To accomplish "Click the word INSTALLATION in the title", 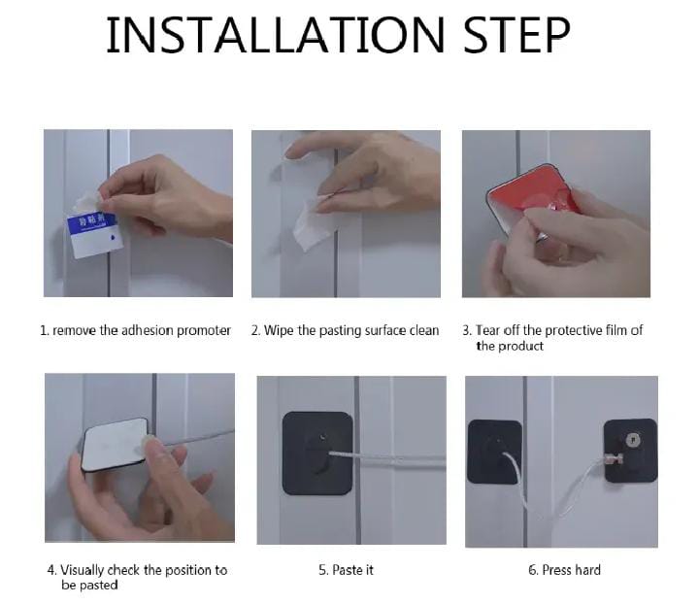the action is pyautogui.click(x=275, y=35).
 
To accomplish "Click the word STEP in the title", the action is pyautogui.click(x=516, y=35).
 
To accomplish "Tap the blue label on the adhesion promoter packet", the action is pyautogui.click(x=91, y=221).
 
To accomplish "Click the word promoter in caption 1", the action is pyautogui.click(x=203, y=331).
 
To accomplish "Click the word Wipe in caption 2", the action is pyautogui.click(x=279, y=331).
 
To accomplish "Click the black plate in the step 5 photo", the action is pyautogui.click(x=317, y=453).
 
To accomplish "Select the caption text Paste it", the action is pyautogui.click(x=346, y=570).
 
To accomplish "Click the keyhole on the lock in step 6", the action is pyautogui.click(x=633, y=441).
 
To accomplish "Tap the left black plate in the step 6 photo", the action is pyautogui.click(x=494, y=453).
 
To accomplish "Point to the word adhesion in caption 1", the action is pyautogui.click(x=148, y=331).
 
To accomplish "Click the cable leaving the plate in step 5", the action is pyautogui.click(x=387, y=460).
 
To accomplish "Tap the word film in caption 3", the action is pyautogui.click(x=616, y=330).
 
